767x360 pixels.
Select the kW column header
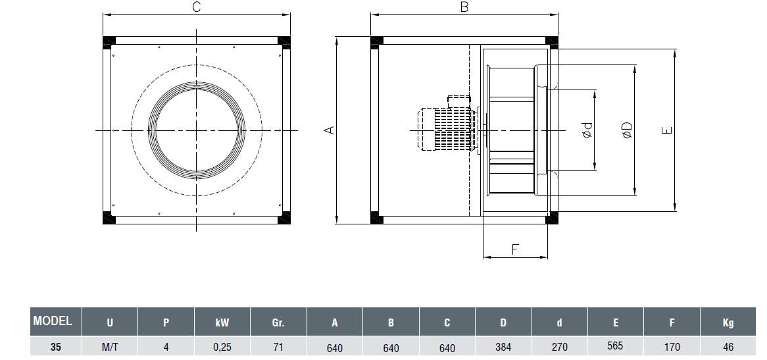(x=222, y=323)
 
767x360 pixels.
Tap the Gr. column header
(x=278, y=323)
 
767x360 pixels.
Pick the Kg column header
(x=728, y=323)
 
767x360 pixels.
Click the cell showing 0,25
(x=222, y=347)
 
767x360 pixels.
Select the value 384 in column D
(x=503, y=346)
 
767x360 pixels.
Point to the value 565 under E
(x=616, y=345)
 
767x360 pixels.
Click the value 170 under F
(x=672, y=347)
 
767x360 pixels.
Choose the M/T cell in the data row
(x=109, y=347)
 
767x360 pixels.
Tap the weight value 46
(x=728, y=347)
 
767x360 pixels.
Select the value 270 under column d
(x=560, y=346)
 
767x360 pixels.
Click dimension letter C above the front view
(x=196, y=7)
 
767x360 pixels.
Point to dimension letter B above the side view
(x=464, y=7)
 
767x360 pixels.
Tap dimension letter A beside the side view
(x=330, y=130)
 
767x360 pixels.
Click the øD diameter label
(x=626, y=130)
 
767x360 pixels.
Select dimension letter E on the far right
(x=667, y=130)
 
